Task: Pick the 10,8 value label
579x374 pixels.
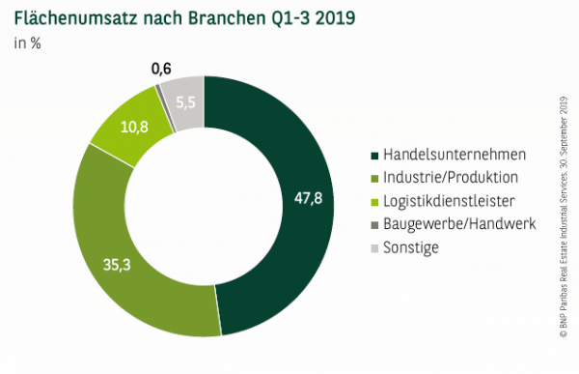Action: (121, 127)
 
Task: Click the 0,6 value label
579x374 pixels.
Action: (163, 69)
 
